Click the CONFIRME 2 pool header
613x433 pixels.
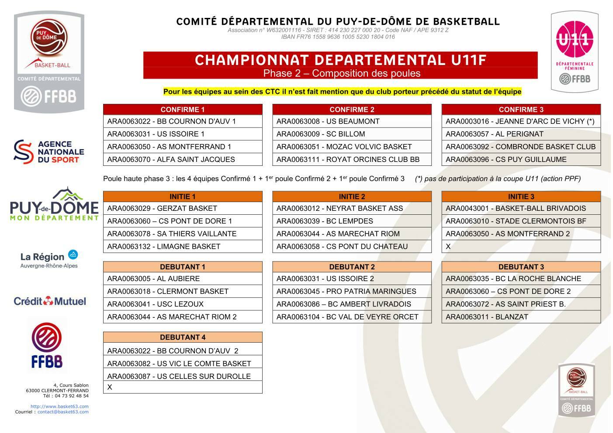click(352, 110)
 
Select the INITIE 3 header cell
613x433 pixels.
click(521, 196)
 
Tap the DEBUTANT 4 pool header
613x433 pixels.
click(183, 337)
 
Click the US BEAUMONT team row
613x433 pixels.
click(352, 121)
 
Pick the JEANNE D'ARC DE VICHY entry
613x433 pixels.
click(521, 121)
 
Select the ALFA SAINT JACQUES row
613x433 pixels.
click(183, 159)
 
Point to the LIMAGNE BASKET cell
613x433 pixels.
click(183, 246)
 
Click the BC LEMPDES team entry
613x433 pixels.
click(352, 221)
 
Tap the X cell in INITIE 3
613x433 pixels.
click(521, 246)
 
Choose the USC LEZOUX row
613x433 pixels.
click(183, 304)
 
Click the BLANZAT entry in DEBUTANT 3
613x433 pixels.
click(521, 316)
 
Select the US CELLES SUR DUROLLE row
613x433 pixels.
click(183, 376)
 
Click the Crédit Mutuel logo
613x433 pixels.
click(50, 301)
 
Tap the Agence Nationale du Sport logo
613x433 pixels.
click(48, 151)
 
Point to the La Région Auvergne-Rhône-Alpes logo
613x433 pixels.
click(49, 259)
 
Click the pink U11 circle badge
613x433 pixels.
click(574, 40)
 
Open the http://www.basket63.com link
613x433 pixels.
click(59, 406)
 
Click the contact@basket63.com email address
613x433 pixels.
click(63, 412)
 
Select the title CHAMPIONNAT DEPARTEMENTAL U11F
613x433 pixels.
click(340, 60)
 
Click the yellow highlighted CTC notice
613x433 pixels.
click(342, 92)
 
